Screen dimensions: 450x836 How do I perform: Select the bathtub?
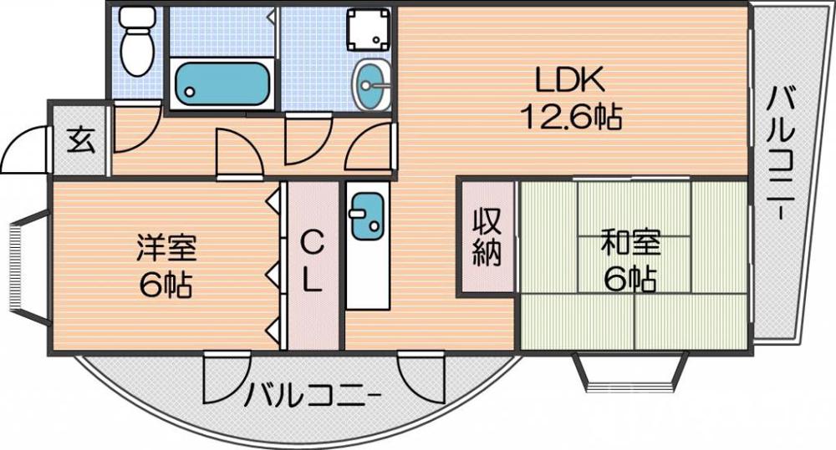[222, 82]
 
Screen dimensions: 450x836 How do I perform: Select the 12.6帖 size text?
[572, 117]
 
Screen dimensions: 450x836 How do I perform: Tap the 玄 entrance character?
[81, 139]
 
